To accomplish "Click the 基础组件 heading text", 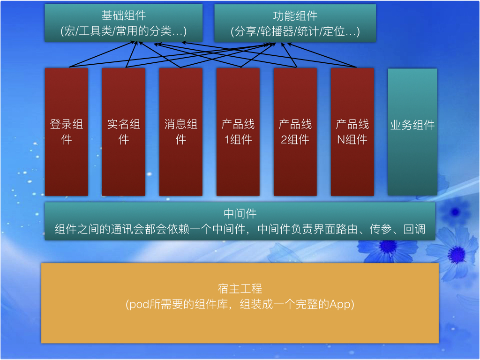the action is [x=124, y=15].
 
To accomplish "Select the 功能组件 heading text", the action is [x=295, y=15].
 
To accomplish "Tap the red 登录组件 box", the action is [x=67, y=132].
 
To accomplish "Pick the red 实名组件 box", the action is [x=124, y=132].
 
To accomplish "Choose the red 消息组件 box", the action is [x=181, y=132].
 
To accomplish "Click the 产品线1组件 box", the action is [x=238, y=132].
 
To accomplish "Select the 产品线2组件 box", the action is [x=295, y=132].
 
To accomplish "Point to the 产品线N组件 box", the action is [x=352, y=132].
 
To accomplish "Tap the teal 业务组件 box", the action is [x=412, y=132].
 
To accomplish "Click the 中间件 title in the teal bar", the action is [x=240, y=213].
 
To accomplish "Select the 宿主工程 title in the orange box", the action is [x=240, y=288].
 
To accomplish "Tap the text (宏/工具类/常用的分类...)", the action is [x=124, y=31].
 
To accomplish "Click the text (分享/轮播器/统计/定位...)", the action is [x=295, y=31].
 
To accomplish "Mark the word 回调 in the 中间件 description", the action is [x=414, y=229].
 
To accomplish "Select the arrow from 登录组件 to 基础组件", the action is [x=102, y=54].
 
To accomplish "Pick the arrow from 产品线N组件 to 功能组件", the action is [x=322, y=55].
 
